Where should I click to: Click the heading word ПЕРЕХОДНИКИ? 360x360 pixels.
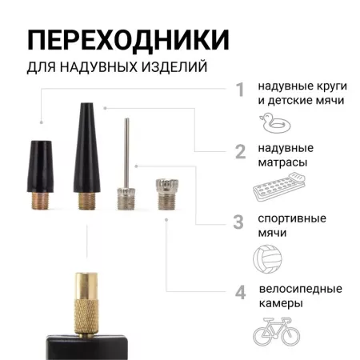(x=128, y=39)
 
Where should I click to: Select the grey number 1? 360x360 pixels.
(x=239, y=90)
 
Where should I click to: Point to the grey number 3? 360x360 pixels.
(x=238, y=222)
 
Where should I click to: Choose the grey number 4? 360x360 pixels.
(x=239, y=293)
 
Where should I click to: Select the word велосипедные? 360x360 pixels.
(x=300, y=289)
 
